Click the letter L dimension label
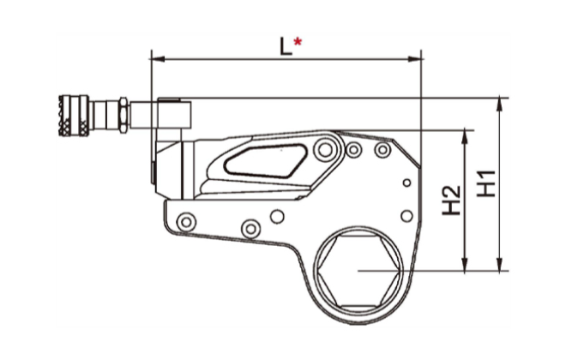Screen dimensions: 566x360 pos(286,46)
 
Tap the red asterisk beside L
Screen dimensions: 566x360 pos(298,42)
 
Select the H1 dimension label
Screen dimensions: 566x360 pos(486,183)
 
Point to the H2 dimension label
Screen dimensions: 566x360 pos(452,201)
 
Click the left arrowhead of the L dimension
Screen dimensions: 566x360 pos(158,59)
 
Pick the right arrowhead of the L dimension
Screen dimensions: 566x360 pos(415,59)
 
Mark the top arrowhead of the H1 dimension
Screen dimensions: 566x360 pos(500,104)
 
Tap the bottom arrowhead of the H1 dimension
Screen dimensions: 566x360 pos(500,264)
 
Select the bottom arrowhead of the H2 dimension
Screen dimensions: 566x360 pos(465,264)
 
